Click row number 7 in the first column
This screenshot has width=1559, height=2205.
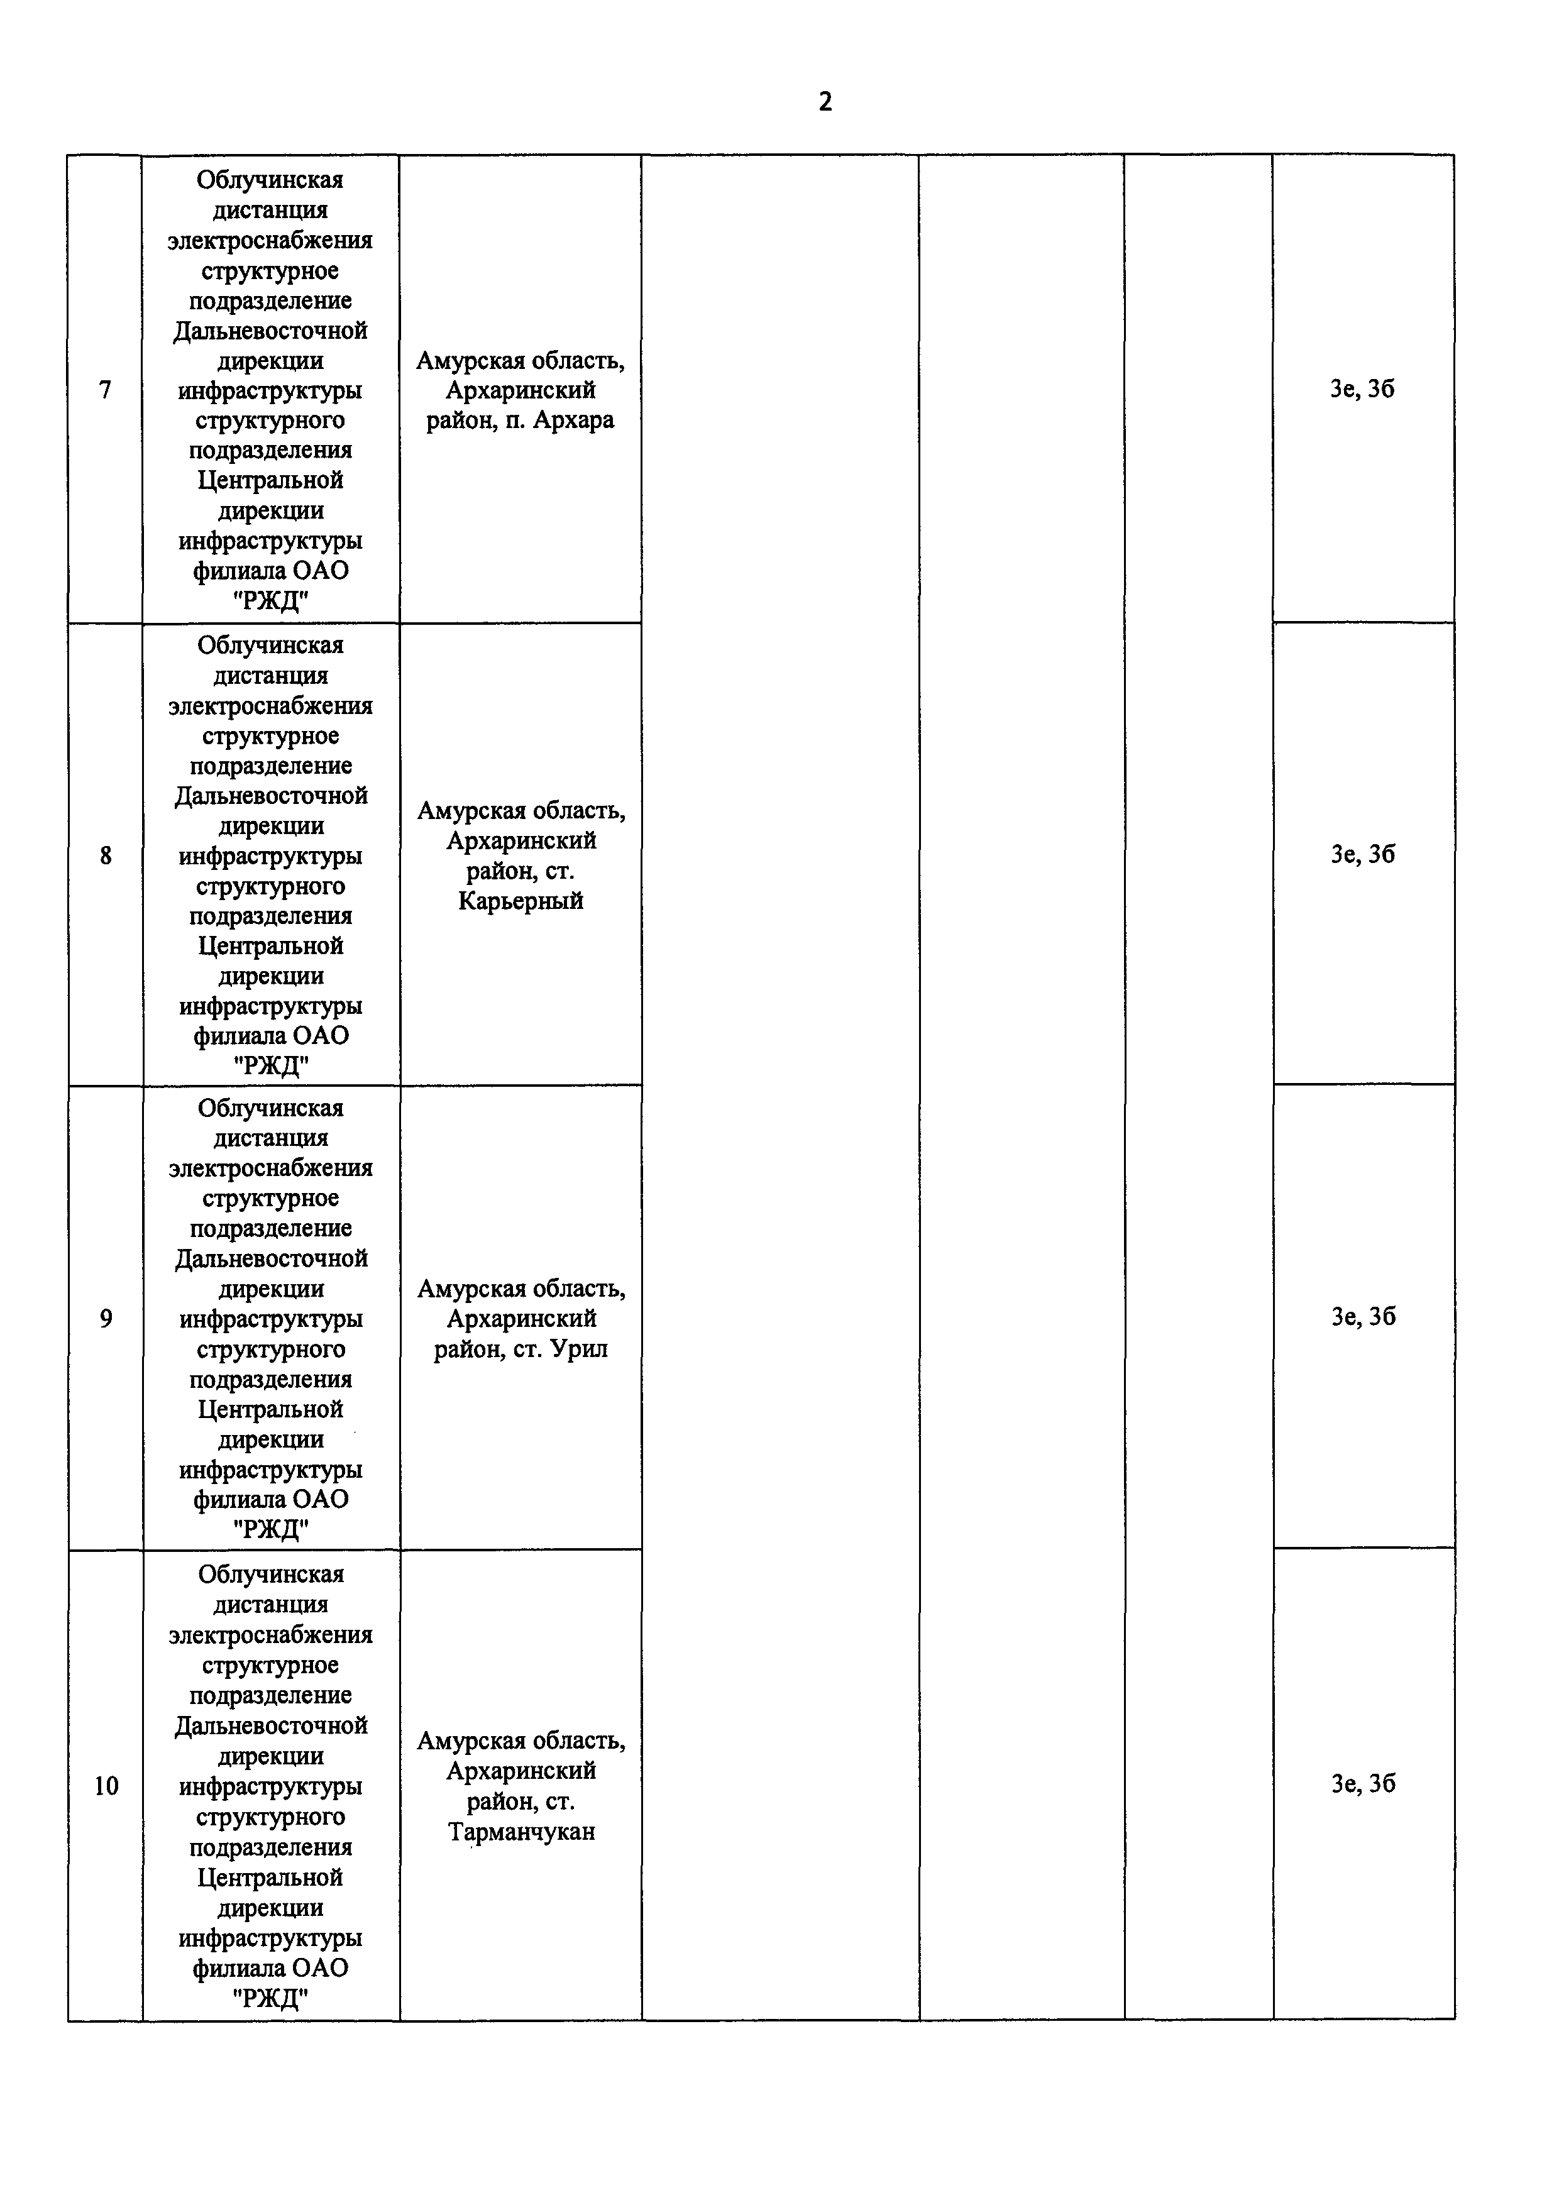[x=106, y=390]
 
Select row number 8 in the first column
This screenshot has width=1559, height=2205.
[x=106, y=855]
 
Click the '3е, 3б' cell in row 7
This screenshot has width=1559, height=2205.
[x=1362, y=389]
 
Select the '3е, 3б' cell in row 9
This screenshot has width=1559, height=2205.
[x=1362, y=1317]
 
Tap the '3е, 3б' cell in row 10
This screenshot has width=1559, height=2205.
[x=1362, y=1783]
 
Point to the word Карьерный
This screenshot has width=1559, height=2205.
[x=521, y=901]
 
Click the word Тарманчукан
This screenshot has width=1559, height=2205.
[x=521, y=1832]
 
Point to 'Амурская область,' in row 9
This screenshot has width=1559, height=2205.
[x=521, y=1289]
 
